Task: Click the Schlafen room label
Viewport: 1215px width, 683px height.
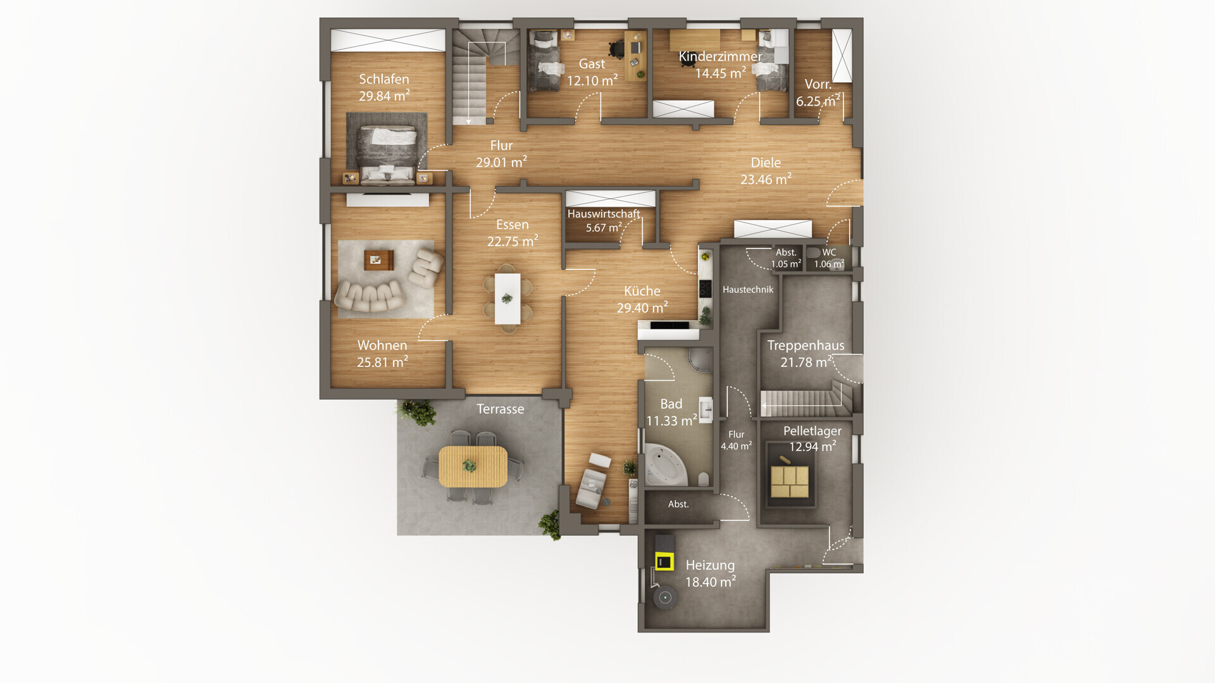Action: [384, 79]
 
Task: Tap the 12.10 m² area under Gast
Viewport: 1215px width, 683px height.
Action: [592, 80]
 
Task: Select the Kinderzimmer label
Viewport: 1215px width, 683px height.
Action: [720, 56]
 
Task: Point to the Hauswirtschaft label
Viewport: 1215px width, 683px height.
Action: [604, 214]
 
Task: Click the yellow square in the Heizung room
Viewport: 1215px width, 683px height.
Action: [664, 561]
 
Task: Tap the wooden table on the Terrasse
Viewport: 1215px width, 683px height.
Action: [473, 467]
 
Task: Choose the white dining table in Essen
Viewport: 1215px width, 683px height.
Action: [508, 298]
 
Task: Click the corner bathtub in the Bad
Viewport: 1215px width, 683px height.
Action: [664, 465]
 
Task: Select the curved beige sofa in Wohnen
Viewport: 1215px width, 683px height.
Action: [370, 295]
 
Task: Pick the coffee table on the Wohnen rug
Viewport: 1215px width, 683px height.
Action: [378, 259]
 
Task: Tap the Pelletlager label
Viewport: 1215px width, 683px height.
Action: [813, 431]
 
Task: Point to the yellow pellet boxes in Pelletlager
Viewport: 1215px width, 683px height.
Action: [790, 482]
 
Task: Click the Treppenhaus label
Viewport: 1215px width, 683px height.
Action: [806, 345]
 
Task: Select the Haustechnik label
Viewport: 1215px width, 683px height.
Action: [748, 290]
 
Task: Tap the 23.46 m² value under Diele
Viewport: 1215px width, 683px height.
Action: [766, 179]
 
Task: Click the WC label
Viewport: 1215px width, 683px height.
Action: [829, 252]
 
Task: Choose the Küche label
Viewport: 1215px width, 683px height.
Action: [642, 291]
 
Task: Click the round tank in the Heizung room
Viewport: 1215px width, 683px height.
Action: [664, 598]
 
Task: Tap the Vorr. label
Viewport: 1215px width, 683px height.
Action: [818, 84]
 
